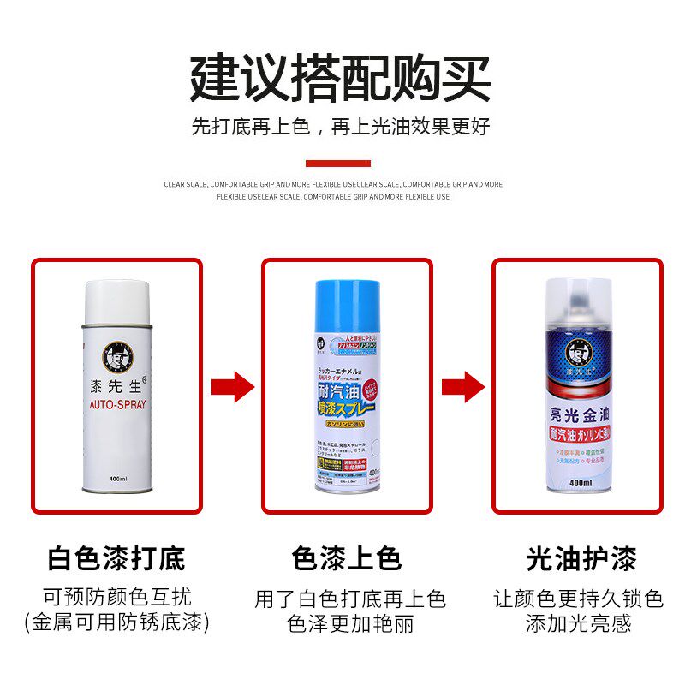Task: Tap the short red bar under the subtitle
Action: (x=338, y=164)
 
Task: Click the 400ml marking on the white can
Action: (x=117, y=478)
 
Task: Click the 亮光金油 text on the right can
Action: (x=577, y=414)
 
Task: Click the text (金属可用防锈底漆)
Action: (x=116, y=622)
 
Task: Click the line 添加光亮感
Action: (x=578, y=622)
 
